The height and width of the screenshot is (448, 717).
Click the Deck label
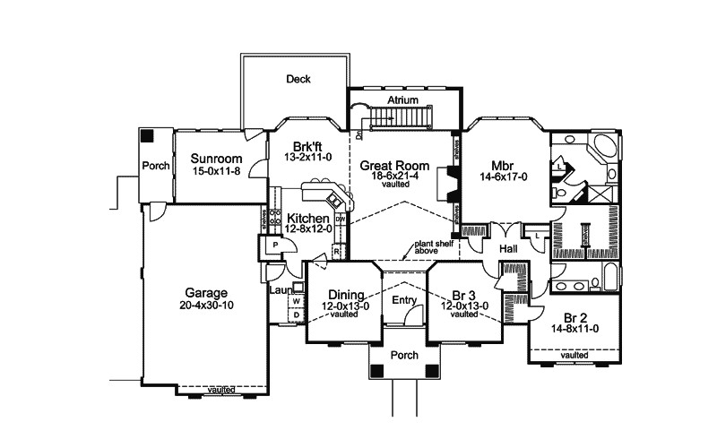tap(298, 79)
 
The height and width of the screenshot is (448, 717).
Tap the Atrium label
tap(404, 101)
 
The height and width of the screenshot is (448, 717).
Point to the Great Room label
tap(395, 166)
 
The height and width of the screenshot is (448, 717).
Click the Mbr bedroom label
tap(501, 165)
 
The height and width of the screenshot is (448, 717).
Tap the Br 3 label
tap(463, 293)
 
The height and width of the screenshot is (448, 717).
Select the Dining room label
tap(344, 293)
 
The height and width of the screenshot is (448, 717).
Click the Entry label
tap(404, 302)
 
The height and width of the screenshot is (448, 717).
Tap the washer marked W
tap(294, 301)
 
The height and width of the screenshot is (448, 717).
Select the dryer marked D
tap(295, 314)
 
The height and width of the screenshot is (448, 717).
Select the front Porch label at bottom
tap(405, 356)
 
